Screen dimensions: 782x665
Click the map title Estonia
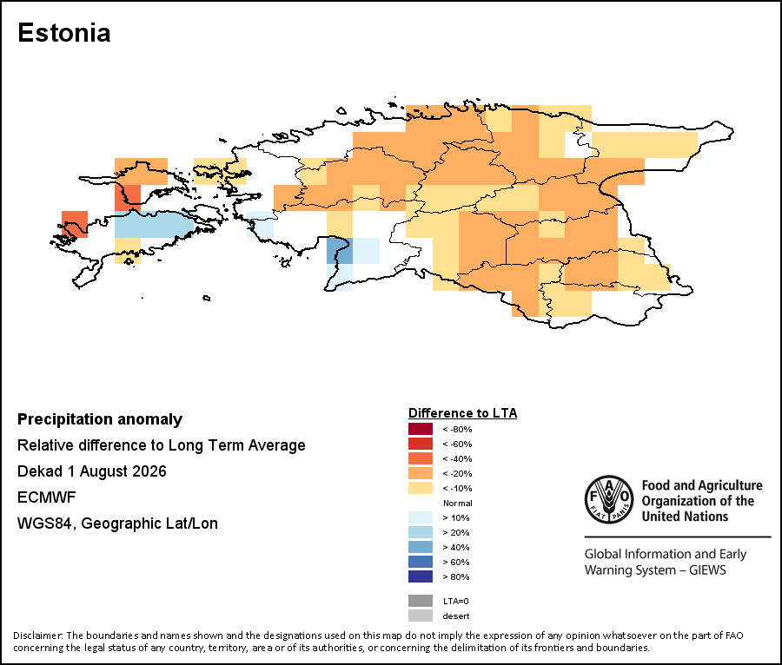click(x=63, y=33)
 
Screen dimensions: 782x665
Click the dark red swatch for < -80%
click(x=421, y=429)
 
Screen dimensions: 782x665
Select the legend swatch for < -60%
click(x=421, y=444)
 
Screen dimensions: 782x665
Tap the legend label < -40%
click(x=457, y=458)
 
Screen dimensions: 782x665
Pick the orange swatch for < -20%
click(x=421, y=473)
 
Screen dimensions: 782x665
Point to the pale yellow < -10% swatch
click(x=421, y=488)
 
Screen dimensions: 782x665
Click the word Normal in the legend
click(x=457, y=504)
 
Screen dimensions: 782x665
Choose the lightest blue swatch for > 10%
click(x=421, y=517)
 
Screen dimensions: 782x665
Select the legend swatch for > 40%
click(x=421, y=547)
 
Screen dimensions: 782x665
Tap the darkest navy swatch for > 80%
click(x=421, y=576)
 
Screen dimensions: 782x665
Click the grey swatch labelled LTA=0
click(x=421, y=601)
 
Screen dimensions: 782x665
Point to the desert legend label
click(x=456, y=616)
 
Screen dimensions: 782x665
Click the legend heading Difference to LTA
click(x=462, y=413)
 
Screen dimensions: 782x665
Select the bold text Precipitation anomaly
click(x=100, y=419)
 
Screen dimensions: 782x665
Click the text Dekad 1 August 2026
click(x=92, y=471)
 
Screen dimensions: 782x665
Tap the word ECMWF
click(x=46, y=497)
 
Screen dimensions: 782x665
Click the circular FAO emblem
click(x=609, y=500)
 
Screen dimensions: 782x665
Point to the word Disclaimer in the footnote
click(x=37, y=635)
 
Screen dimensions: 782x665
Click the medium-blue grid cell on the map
click(x=340, y=251)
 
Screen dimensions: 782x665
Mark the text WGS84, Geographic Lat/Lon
click(x=117, y=523)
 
